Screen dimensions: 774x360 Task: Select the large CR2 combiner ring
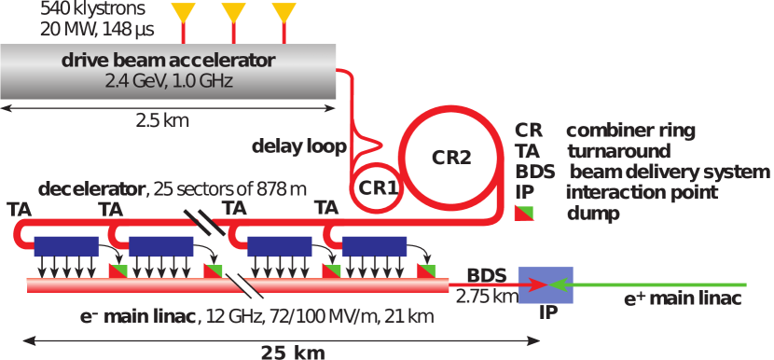coord(450,156)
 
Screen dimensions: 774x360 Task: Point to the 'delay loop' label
coord(298,146)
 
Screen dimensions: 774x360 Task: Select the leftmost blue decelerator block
coord(66,247)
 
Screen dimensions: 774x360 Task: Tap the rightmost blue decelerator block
coord(374,247)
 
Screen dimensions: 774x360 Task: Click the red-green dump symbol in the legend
coord(525,213)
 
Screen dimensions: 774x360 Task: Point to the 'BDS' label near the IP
coord(486,275)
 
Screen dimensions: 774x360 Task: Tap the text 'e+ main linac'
coord(683,299)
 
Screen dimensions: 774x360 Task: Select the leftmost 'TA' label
coord(18,208)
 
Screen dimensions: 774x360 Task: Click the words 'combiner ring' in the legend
coord(630,131)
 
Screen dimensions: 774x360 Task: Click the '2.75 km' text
coord(486,297)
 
